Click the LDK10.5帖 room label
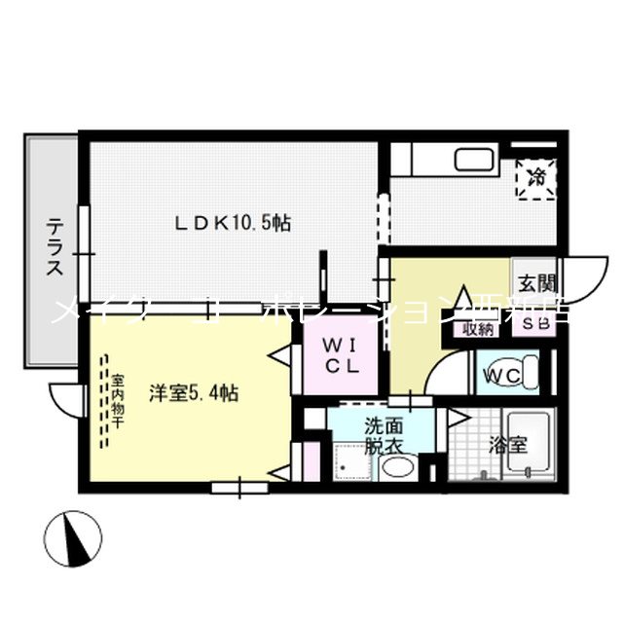(233, 223)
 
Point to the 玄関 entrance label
(537, 284)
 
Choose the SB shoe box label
(536, 323)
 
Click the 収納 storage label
(478, 328)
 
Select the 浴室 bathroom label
(507, 445)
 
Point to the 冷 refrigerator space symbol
(536, 177)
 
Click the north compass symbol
(75, 535)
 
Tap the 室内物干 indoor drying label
(117, 395)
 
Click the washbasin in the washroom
(397, 467)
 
